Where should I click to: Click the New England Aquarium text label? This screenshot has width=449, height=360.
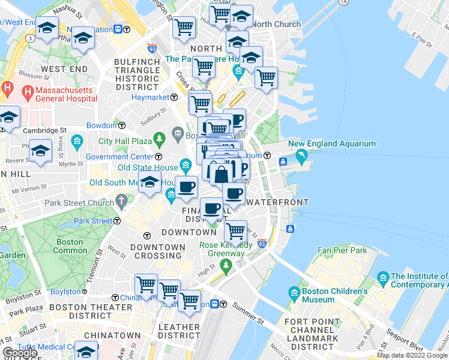click(332, 144)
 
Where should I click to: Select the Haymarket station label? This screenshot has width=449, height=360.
click(148, 97)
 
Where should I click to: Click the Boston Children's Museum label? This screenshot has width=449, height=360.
click(327, 296)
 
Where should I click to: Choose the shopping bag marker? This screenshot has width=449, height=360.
click(221, 175)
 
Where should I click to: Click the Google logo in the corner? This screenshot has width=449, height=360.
click(20, 353)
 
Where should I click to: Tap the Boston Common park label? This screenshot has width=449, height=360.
click(70, 247)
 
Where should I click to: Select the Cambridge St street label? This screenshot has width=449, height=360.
click(44, 130)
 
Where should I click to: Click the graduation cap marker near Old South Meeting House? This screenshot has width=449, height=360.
click(149, 182)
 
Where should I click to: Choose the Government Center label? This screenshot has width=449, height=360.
click(115, 157)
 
